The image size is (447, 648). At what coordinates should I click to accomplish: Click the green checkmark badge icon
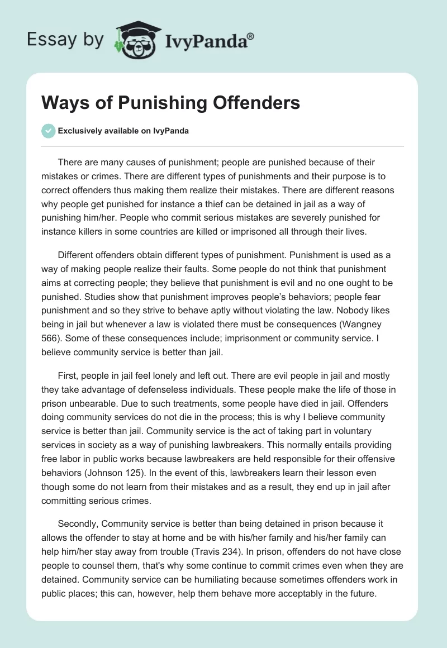click(x=48, y=131)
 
